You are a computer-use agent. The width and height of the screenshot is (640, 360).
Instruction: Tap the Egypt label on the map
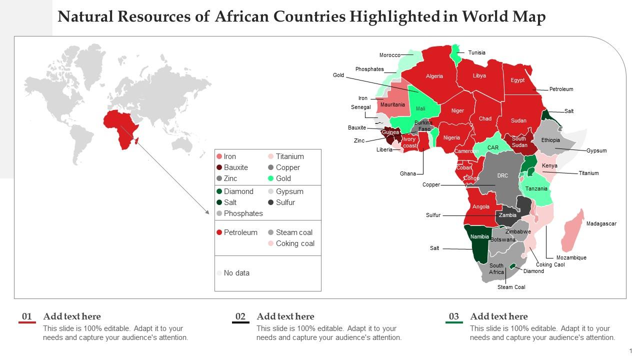click(x=517, y=80)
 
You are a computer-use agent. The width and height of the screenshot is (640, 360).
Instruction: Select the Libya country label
click(x=479, y=76)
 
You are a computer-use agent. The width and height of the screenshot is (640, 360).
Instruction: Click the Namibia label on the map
click(x=479, y=236)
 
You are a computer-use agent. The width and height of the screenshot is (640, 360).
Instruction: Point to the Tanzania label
click(x=536, y=189)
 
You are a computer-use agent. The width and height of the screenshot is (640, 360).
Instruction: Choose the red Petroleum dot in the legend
click(x=219, y=232)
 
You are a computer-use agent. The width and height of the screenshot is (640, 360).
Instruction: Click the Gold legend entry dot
click(x=270, y=178)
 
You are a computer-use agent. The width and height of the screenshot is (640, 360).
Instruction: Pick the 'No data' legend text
click(x=236, y=273)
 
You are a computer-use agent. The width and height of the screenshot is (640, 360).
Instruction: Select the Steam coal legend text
click(x=294, y=232)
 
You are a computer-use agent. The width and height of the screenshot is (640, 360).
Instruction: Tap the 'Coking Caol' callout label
click(x=550, y=264)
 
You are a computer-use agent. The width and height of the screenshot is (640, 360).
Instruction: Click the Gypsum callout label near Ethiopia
click(x=596, y=150)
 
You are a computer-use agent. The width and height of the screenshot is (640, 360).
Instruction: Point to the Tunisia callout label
click(x=476, y=52)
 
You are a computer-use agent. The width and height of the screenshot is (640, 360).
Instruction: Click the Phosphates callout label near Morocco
click(x=369, y=69)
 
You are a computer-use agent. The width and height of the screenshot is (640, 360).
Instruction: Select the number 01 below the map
click(x=27, y=316)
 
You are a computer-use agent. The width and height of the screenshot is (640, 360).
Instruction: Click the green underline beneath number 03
click(x=454, y=323)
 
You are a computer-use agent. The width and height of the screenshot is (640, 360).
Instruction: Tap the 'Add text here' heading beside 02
click(x=285, y=316)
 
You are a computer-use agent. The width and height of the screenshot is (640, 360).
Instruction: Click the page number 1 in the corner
click(x=631, y=351)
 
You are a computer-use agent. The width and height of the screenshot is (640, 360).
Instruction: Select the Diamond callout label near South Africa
click(x=533, y=271)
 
